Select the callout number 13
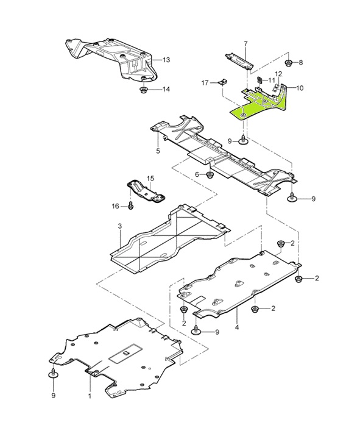(x=166, y=60)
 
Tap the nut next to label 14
(x=144, y=90)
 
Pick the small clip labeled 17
(x=224, y=80)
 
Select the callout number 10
(x=299, y=88)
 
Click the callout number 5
(x=158, y=151)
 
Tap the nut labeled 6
(x=210, y=175)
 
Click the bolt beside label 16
(x=131, y=207)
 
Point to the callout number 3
(x=120, y=227)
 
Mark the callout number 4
(x=236, y=327)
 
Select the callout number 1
(x=90, y=396)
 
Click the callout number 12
(x=278, y=74)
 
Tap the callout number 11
(x=272, y=80)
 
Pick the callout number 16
(x=115, y=207)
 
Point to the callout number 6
(x=197, y=175)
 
